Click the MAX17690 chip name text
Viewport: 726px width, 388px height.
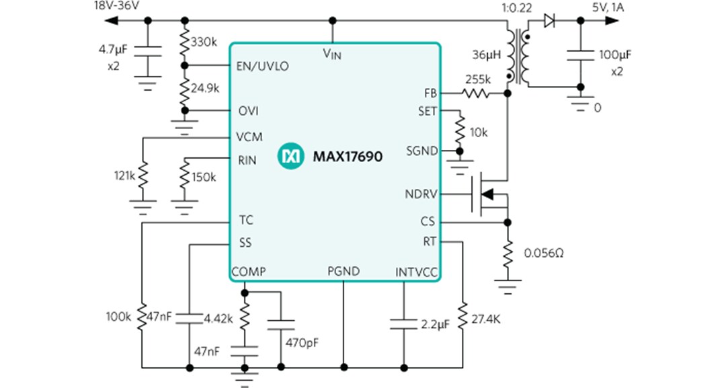pos(348,157)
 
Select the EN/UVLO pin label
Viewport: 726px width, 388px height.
pos(262,66)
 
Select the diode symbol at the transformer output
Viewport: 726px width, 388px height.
pos(549,21)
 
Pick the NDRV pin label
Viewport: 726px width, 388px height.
pos(421,194)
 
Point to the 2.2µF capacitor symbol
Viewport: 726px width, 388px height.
pos(403,323)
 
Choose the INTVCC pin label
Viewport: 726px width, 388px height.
pos(416,272)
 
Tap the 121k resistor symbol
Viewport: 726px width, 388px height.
pos(143,176)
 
